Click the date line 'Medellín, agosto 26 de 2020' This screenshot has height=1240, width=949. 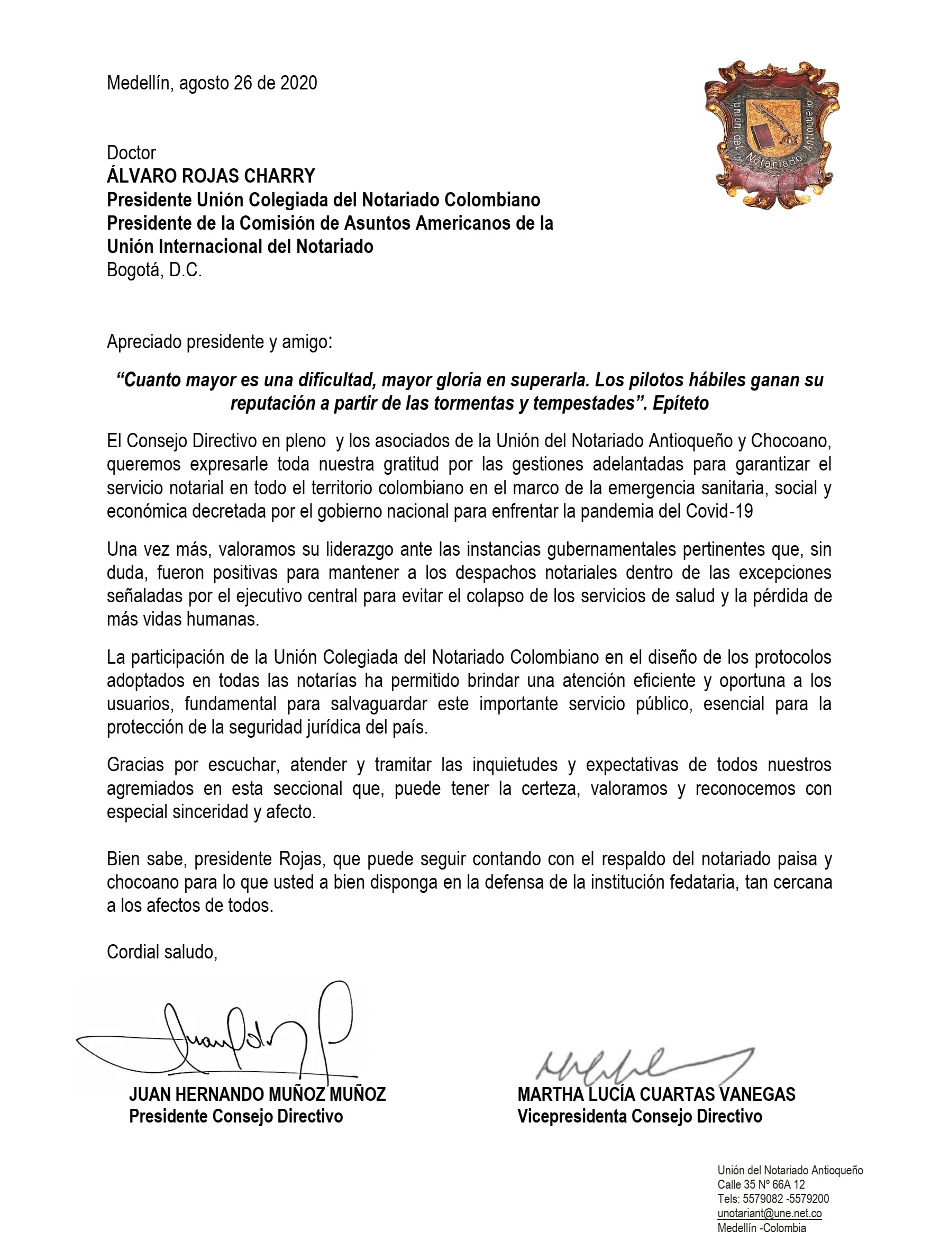212,83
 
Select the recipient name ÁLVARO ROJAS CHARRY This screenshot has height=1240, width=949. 211,176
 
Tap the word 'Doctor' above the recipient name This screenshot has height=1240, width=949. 131,152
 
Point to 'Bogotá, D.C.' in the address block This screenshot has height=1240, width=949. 154,270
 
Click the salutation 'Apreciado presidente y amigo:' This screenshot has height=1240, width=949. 220,342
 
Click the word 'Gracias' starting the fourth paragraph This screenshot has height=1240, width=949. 134,765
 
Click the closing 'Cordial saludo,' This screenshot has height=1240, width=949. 162,952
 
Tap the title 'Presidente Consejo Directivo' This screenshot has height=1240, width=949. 235,1116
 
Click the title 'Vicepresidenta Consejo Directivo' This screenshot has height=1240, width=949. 640,1116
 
